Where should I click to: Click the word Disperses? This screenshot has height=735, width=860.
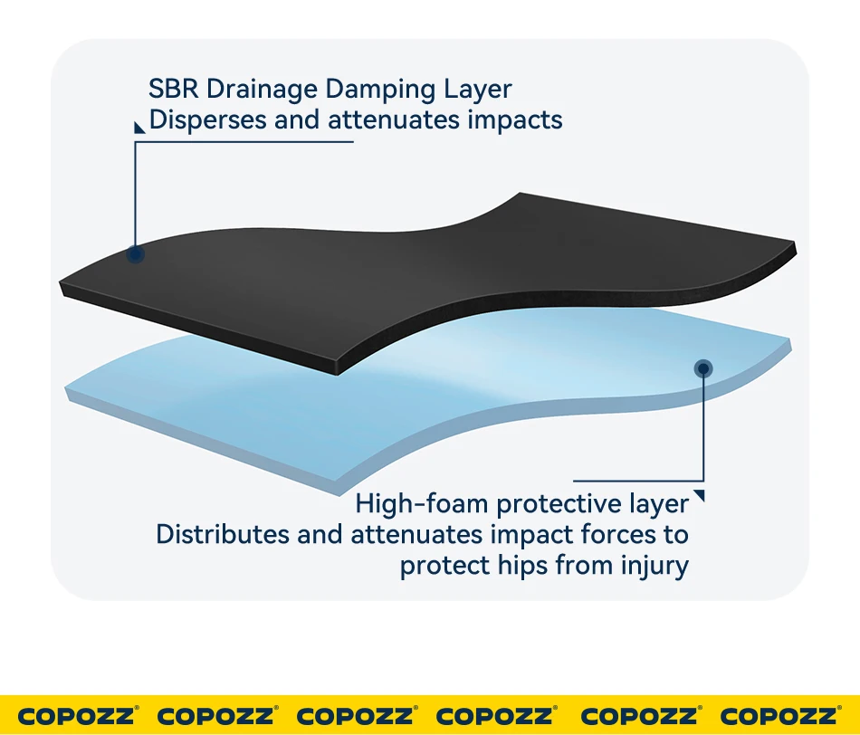207,119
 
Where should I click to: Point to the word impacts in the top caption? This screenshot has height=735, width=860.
514,119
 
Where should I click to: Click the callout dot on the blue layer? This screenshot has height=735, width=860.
703,367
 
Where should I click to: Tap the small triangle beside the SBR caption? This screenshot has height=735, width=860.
139,128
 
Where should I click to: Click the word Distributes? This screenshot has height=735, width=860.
223,534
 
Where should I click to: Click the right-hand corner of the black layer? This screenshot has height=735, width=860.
793,247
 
